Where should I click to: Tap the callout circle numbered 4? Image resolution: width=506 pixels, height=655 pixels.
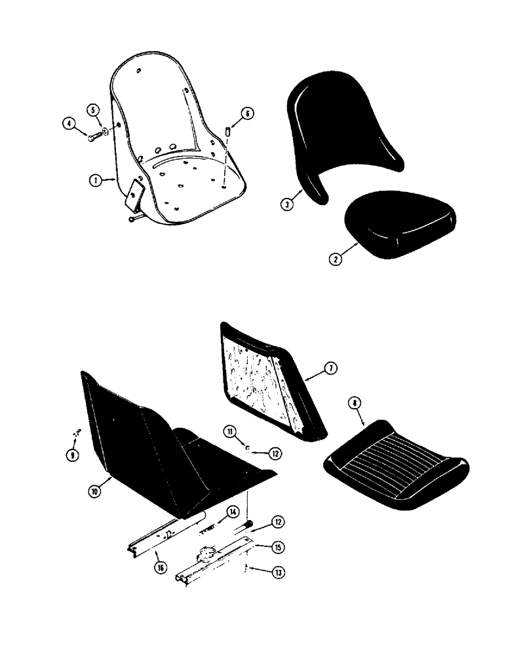68,122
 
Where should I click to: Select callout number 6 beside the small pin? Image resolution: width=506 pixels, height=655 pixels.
247,113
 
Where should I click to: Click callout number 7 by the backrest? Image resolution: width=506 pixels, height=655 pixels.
330,370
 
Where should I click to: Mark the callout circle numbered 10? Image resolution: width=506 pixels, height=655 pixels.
96,491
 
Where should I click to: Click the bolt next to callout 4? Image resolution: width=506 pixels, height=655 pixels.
92,136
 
